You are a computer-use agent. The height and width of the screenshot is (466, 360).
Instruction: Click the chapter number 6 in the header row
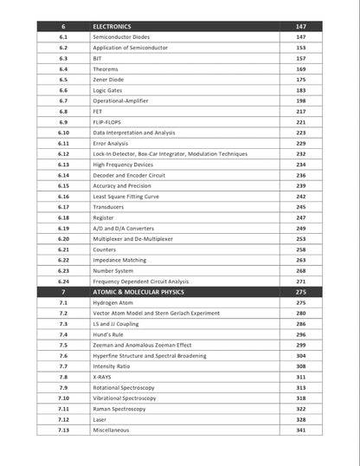coord(63,27)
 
